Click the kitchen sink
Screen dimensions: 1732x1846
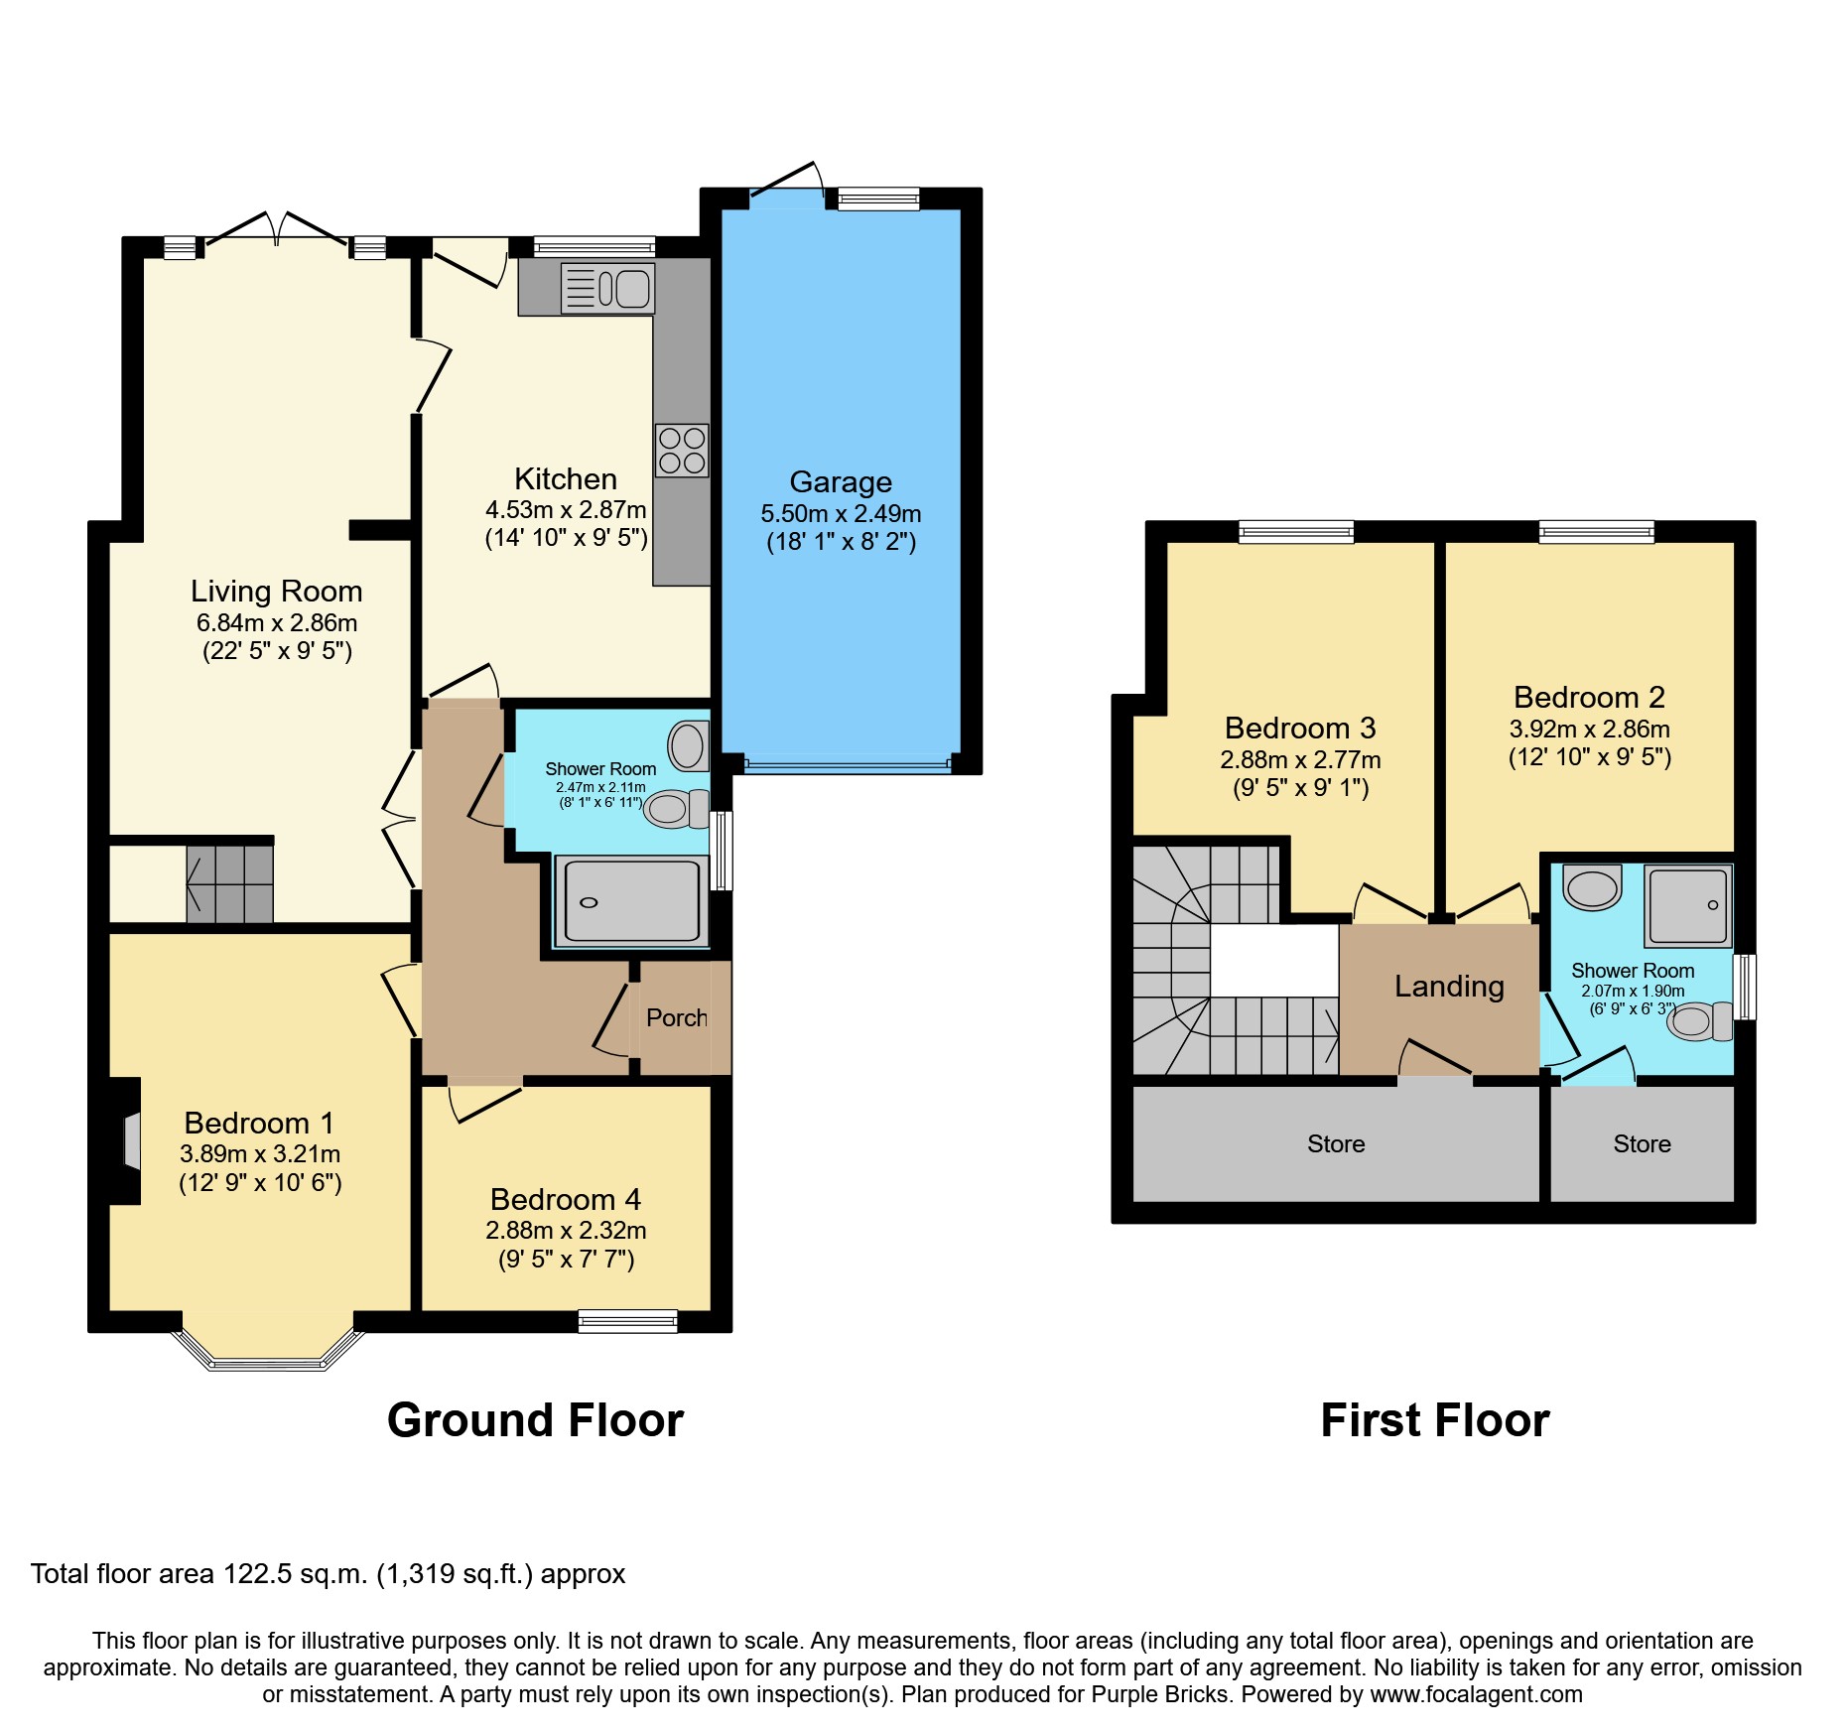607,289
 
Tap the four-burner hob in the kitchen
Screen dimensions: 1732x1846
682,451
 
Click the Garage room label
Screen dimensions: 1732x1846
841,482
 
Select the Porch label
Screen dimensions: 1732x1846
677,1017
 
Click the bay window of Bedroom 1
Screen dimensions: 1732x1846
268,1360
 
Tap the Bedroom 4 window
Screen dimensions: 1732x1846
627,1321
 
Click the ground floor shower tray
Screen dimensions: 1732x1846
631,900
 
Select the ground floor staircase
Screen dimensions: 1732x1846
230,883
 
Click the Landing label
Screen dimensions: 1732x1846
1449,986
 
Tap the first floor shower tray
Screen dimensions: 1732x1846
1687,906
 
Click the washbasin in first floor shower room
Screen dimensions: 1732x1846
1592,887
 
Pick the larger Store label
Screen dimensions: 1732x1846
1336,1144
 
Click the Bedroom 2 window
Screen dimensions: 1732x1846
1596,532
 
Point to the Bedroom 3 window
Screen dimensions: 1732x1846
1296,532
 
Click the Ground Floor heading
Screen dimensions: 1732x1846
535,1420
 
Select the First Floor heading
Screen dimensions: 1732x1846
1434,1420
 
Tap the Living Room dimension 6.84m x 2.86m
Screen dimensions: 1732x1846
277,623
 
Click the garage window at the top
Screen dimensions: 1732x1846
878,200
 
